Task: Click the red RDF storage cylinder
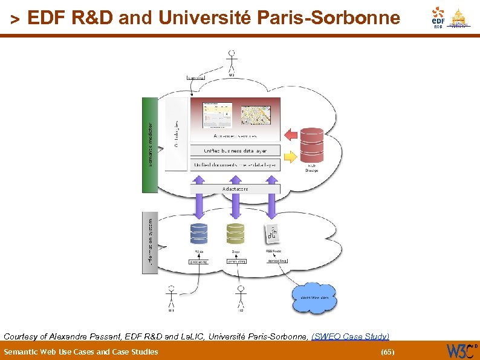tap(311, 145)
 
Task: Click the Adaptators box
tap(235, 189)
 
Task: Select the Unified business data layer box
tap(235, 151)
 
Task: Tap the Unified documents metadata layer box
tap(235, 165)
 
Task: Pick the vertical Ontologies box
tap(177, 133)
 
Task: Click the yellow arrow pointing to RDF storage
tap(291, 157)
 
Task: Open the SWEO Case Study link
tap(350, 336)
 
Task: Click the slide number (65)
tap(386, 352)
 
